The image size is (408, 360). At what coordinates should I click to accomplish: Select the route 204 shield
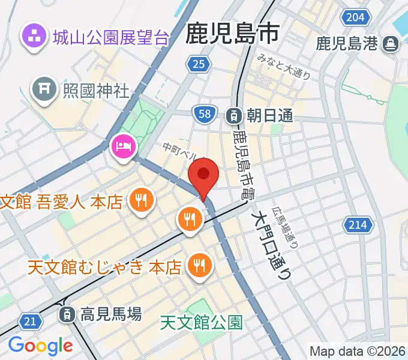pyautogui.click(x=355, y=17)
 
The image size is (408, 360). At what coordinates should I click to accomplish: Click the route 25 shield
pyautogui.click(x=198, y=64)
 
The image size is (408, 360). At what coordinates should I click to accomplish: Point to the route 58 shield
pyautogui.click(x=205, y=113)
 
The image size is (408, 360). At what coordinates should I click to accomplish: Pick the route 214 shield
pyautogui.click(x=357, y=225)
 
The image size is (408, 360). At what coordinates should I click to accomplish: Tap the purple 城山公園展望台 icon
pyautogui.click(x=34, y=37)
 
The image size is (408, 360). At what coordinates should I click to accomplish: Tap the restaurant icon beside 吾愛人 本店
pyautogui.click(x=142, y=200)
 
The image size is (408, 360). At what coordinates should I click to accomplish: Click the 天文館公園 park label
pyautogui.click(x=202, y=323)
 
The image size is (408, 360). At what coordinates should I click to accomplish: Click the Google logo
pyautogui.click(x=40, y=346)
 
